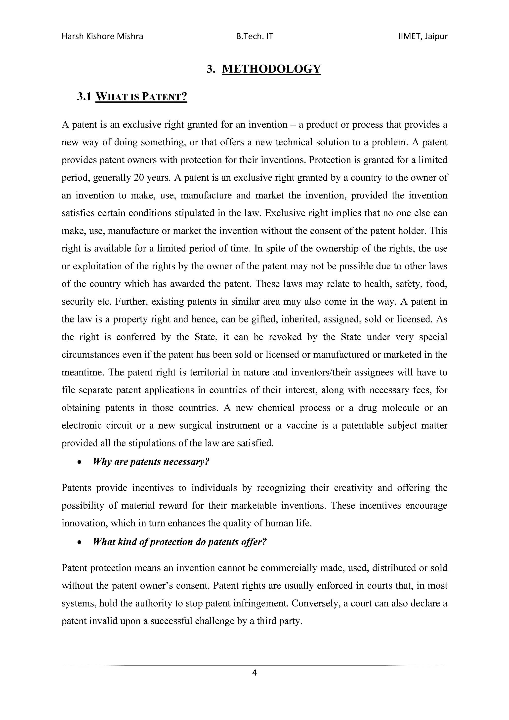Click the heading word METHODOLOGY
pyautogui.click(x=271, y=69)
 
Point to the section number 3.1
pyautogui.click(x=84, y=97)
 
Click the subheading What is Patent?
pyautogui.click(x=141, y=97)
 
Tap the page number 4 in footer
pyautogui.click(x=254, y=672)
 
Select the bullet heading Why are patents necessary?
pyautogui.click(x=151, y=462)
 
